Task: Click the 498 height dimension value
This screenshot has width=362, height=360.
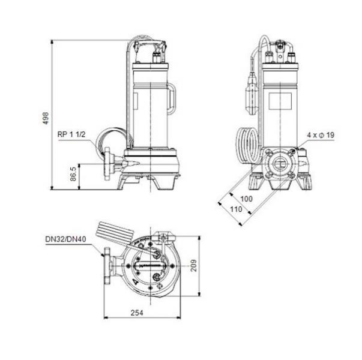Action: tap(46, 118)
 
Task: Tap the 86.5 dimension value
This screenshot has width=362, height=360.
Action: tap(73, 173)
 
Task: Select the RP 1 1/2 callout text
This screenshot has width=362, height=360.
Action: tap(71, 134)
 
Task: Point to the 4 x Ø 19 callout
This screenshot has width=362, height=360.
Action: tap(321, 135)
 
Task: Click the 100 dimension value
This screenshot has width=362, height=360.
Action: tap(246, 199)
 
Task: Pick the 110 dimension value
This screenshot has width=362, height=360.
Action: tap(236, 209)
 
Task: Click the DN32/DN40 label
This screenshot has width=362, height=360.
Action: tap(65, 239)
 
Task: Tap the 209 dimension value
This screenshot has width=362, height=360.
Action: tap(193, 266)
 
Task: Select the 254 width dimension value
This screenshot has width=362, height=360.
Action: tap(137, 313)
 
